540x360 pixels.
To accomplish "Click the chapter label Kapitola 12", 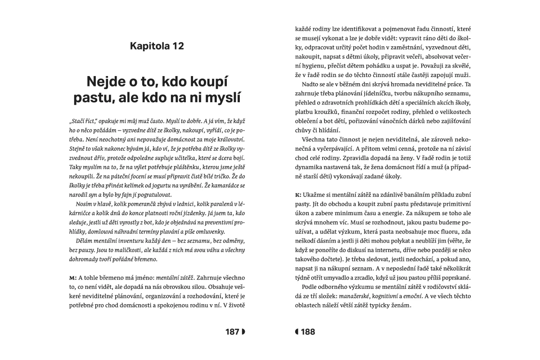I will click(x=157, y=46).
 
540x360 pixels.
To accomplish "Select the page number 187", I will click(x=232, y=332).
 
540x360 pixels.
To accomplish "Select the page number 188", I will click(x=308, y=332).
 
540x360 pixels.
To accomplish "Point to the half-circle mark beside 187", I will click(x=243, y=332).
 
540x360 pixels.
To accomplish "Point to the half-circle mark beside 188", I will click(x=297, y=332).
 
